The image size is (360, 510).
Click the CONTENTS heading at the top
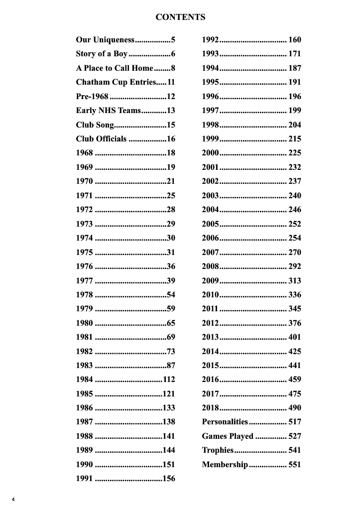click(180, 17)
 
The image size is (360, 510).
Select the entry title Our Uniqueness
click(105, 39)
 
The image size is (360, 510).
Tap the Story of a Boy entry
click(102, 54)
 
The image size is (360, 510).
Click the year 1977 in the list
click(84, 280)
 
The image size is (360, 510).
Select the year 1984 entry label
click(84, 380)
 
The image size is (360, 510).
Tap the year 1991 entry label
click(84, 479)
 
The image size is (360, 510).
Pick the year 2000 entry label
click(210, 153)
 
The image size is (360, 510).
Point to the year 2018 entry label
click(210, 408)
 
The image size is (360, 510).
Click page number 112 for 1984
click(169, 380)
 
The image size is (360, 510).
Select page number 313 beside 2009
click(295, 280)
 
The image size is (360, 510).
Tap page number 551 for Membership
click(295, 465)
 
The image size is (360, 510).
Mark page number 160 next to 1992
click(295, 40)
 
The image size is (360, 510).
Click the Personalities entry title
click(225, 422)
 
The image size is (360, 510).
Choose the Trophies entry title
click(218, 450)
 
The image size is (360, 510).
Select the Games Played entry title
click(228, 436)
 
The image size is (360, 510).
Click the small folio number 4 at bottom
click(13, 499)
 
